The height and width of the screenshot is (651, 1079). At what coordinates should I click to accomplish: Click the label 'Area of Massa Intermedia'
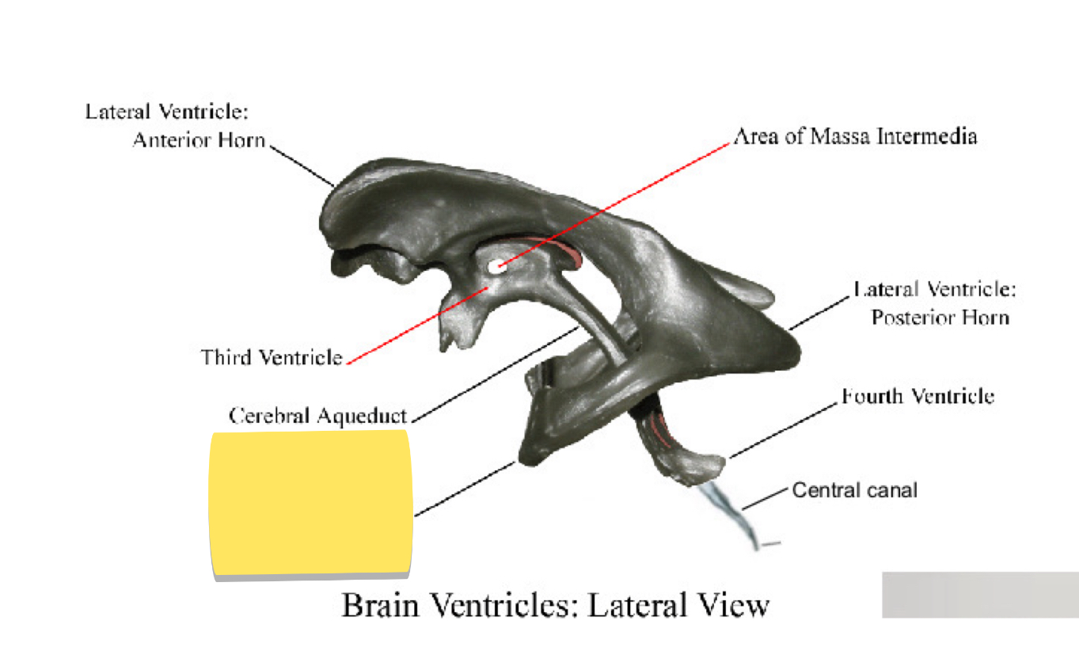855,136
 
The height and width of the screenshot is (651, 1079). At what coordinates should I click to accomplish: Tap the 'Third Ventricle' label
272,357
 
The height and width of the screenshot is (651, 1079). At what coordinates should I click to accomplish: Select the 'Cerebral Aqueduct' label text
317,415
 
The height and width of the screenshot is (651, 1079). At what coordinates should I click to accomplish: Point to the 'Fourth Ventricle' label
918,395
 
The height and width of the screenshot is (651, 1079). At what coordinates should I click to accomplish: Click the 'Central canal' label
854,490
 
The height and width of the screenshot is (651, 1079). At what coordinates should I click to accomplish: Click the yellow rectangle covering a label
310,504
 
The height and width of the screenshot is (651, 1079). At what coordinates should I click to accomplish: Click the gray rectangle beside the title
980,594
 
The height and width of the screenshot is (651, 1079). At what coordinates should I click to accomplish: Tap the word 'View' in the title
733,605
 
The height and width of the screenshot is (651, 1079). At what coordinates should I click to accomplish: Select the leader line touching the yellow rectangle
465,489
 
